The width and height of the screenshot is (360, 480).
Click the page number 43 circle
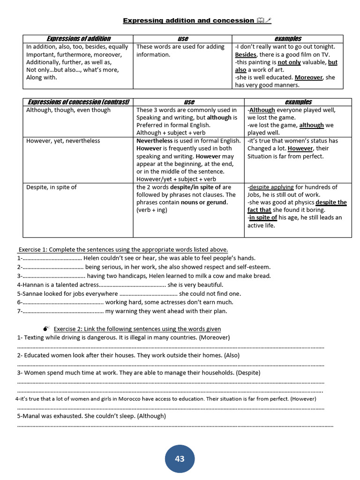pos(180,458)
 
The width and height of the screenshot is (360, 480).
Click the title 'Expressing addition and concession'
pos(188,21)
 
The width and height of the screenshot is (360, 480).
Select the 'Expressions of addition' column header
pos(78,38)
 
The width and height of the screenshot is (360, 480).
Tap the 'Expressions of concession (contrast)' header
pos(78,102)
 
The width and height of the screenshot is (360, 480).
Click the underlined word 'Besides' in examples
pos(246,55)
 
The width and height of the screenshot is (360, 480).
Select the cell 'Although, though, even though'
pos(68,110)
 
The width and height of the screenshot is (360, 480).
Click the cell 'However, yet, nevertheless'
pos(63,141)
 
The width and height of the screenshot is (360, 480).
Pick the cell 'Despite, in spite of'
pos(52,187)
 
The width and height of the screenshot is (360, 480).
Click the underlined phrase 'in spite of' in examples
pos(262,217)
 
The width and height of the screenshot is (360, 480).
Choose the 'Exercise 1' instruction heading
pos(123,249)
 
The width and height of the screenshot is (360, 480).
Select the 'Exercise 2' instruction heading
pos(137,329)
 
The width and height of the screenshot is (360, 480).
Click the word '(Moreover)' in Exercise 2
pos(214,337)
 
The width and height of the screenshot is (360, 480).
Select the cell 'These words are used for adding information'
pos(180,51)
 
